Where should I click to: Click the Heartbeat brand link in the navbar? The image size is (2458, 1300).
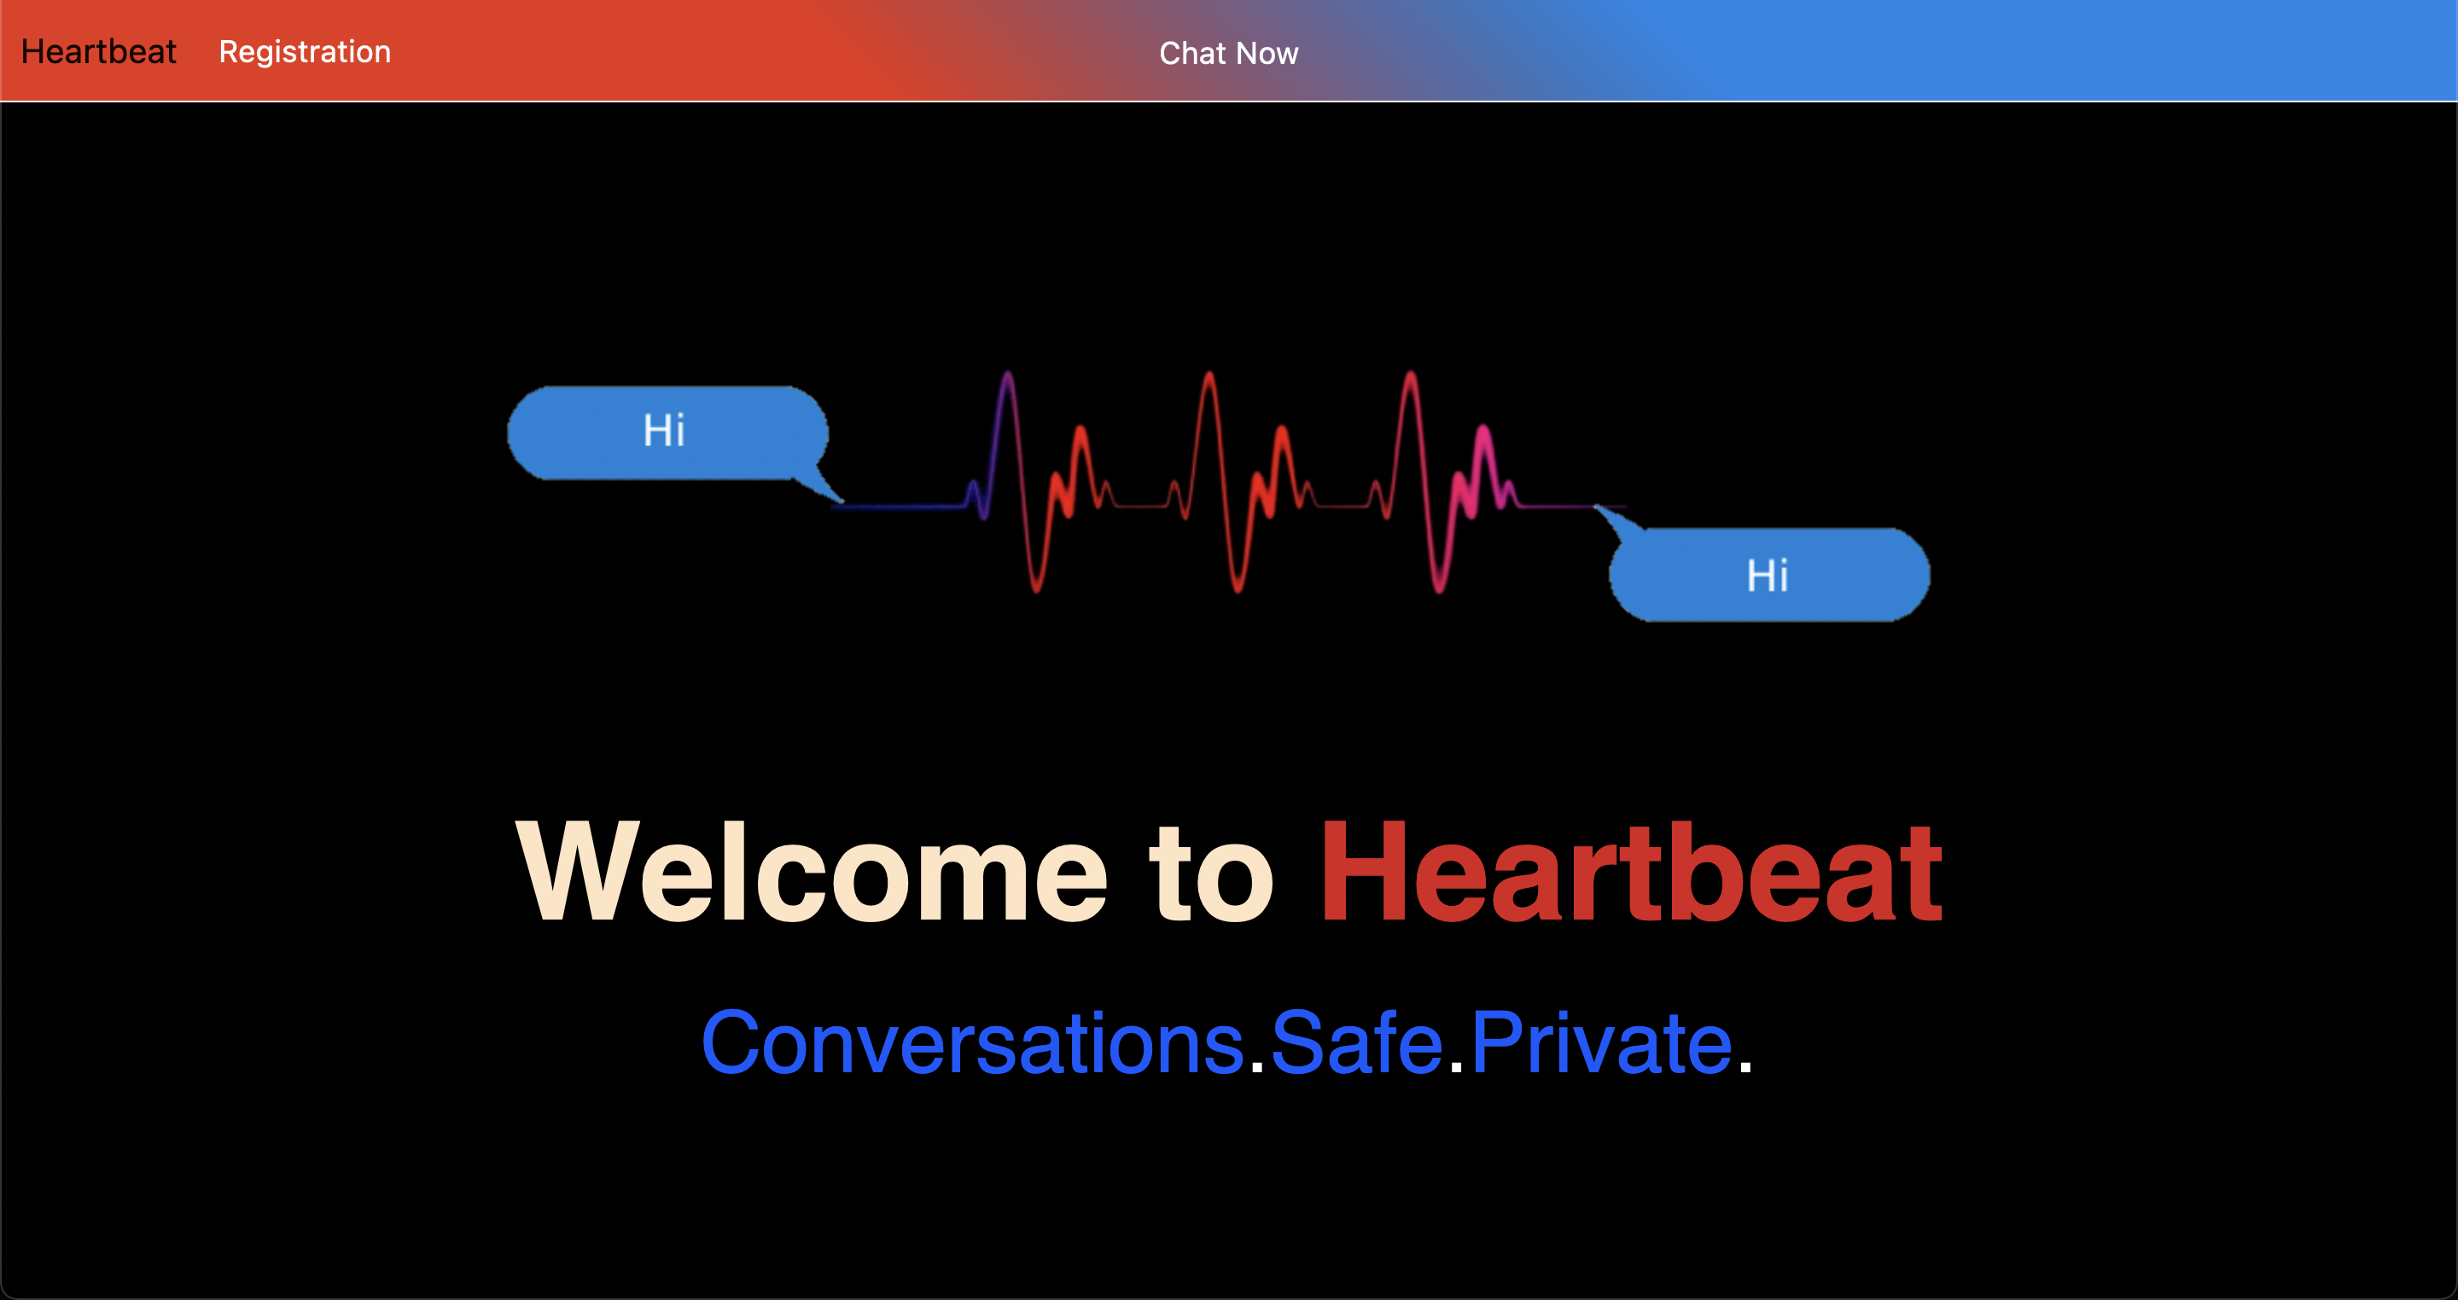pyautogui.click(x=98, y=51)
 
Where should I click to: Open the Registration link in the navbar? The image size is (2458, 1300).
pyautogui.click(x=305, y=51)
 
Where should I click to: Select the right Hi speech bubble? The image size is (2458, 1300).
pyautogui.click(x=1768, y=575)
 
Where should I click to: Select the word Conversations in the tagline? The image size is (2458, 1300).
pyautogui.click(x=972, y=1043)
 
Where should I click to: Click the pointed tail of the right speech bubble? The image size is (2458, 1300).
pyautogui.click(x=1616, y=519)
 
